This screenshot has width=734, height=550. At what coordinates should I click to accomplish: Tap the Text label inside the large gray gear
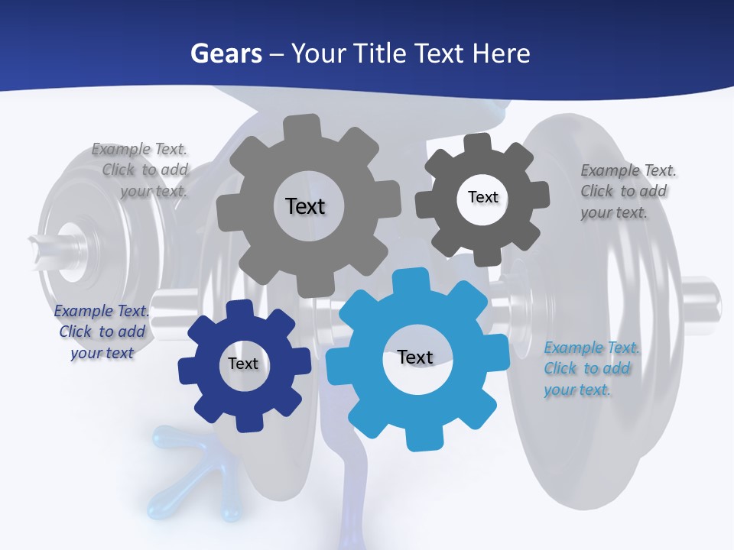pos(305,206)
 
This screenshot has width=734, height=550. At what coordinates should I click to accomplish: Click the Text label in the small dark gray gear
pos(482,197)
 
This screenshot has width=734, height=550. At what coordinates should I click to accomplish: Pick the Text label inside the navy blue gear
pos(243,364)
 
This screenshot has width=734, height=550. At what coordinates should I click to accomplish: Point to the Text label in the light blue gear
pos(415,357)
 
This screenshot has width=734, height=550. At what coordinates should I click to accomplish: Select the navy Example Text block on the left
pos(102,332)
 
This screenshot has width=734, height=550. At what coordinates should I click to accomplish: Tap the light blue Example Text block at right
pos(590,368)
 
